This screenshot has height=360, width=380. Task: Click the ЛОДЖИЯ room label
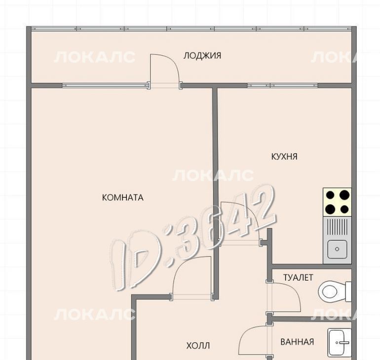tap(202, 56)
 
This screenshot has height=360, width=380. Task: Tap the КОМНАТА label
tap(122, 198)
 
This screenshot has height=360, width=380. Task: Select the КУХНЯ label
tap(284, 157)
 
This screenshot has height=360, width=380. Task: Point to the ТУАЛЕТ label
tap(298, 278)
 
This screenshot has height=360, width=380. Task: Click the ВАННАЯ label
tap(297, 342)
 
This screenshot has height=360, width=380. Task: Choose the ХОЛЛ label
tap(198, 346)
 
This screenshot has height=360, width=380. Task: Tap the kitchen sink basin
tap(337, 249)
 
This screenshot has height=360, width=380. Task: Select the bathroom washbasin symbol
tap(340, 342)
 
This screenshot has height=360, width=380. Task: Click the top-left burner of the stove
tap(330, 195)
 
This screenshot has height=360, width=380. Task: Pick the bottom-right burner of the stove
tap(344, 209)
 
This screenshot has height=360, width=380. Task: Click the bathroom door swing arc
tap(247, 332)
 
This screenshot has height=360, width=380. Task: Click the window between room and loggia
tap(105, 85)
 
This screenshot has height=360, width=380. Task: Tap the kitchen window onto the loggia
tap(283, 85)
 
